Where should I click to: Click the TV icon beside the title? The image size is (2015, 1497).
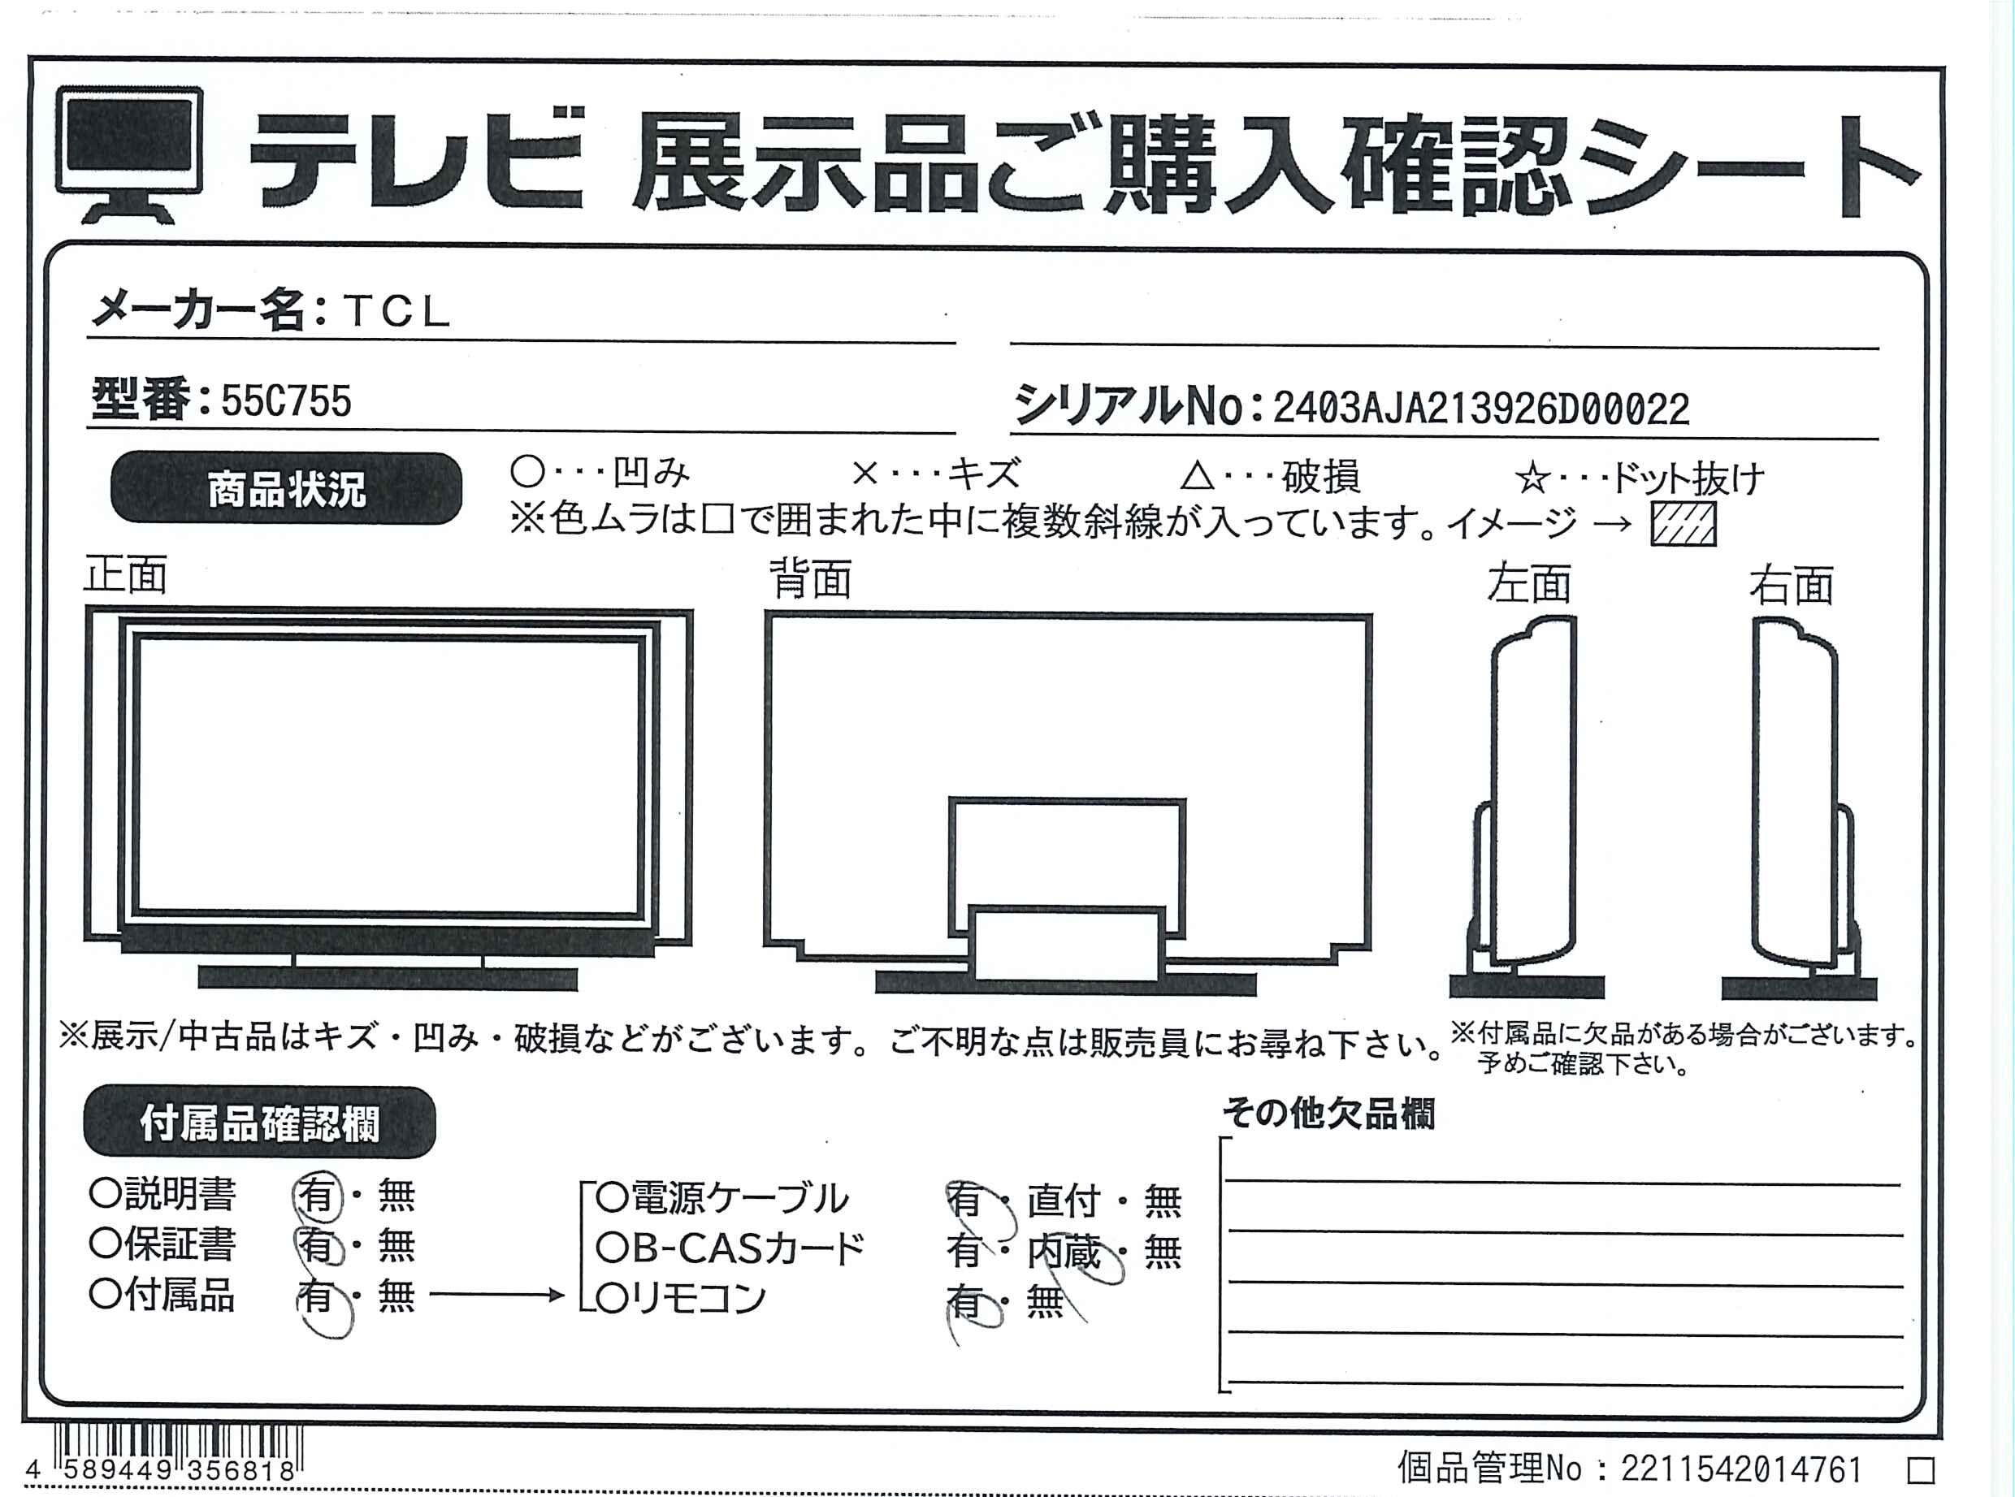tap(130, 154)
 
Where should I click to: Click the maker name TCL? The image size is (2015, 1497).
tap(397, 312)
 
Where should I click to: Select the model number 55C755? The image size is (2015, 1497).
tap(287, 401)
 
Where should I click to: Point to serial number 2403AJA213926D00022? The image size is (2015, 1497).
tap(1481, 409)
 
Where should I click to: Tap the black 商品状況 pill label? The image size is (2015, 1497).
tap(287, 488)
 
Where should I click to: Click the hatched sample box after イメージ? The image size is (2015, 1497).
tap(1683, 525)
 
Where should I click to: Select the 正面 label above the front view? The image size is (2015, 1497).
tap(126, 575)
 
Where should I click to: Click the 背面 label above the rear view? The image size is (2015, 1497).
tap(810, 579)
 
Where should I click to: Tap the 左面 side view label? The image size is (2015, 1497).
tap(1529, 585)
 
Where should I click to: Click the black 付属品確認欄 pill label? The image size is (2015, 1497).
tap(259, 1123)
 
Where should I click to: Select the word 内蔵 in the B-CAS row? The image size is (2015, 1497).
tap(1064, 1253)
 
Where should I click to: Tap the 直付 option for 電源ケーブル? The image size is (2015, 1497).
tap(1064, 1201)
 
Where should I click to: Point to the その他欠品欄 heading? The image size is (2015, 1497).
tap(1328, 1114)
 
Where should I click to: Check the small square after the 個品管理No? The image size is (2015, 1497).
tap(1921, 1471)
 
